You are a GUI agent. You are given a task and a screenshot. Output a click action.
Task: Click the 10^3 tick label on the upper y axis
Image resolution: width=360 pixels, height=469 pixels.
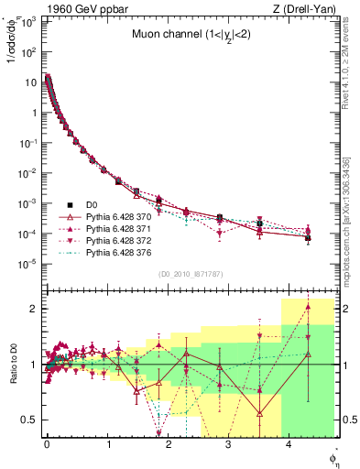pos(28,21)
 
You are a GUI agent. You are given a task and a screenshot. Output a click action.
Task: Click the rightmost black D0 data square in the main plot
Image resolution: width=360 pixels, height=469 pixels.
pos(308,238)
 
